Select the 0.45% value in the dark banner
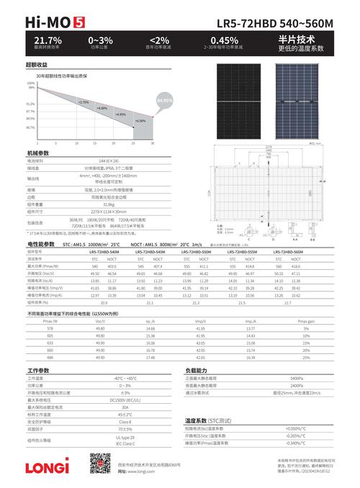224,39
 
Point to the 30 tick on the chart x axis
152,143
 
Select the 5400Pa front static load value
297,378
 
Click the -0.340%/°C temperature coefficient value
295,443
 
